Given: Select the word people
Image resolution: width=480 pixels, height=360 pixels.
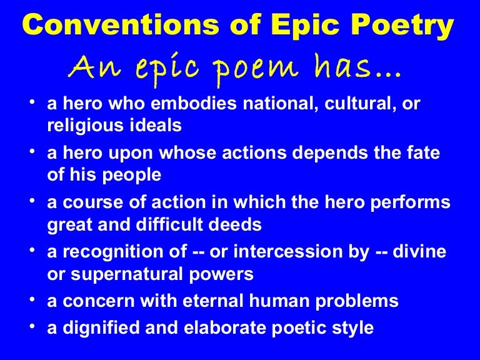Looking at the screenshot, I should coord(131,176).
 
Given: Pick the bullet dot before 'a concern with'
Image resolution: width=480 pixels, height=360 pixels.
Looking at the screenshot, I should coord(33,301).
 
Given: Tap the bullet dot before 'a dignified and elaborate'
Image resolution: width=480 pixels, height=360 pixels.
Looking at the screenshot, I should coord(33,326).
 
